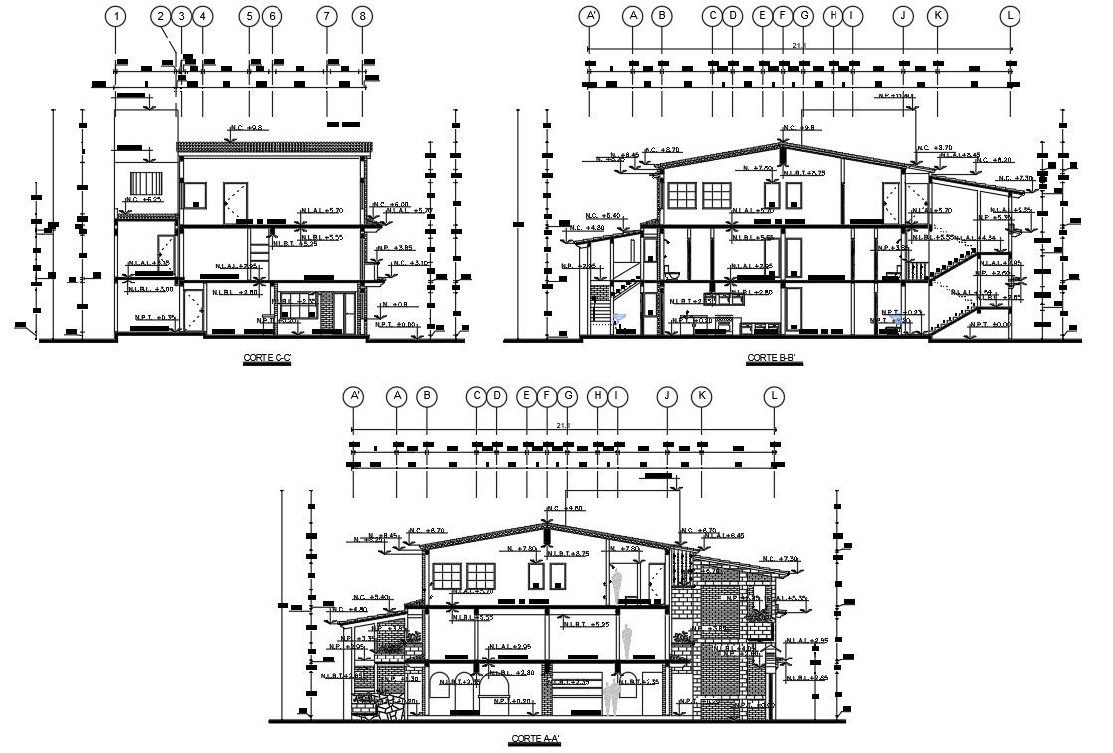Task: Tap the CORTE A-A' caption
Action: [535, 738]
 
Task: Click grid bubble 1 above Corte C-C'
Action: [117, 16]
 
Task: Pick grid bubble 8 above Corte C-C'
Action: [363, 16]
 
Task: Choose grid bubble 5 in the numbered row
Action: [249, 16]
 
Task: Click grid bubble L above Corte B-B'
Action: [1011, 16]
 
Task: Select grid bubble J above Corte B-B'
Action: [903, 16]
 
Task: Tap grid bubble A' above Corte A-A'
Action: [354, 397]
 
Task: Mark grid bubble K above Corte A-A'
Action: [702, 397]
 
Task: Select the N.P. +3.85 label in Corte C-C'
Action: [395, 247]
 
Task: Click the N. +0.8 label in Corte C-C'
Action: [396, 304]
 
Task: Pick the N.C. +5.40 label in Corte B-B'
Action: [603, 216]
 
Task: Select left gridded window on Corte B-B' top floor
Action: [684, 195]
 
